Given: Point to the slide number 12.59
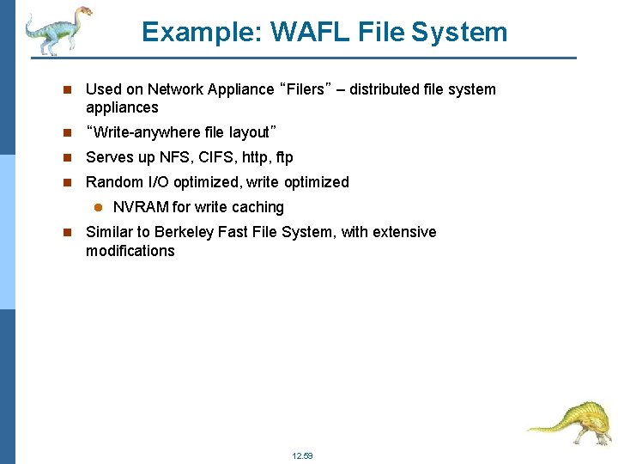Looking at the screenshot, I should [303, 455].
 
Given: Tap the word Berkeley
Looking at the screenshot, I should [188, 232].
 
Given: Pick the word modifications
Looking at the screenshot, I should [130, 251].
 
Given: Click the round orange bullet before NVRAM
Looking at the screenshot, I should [98, 207].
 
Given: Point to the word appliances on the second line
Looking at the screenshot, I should [122, 107].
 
